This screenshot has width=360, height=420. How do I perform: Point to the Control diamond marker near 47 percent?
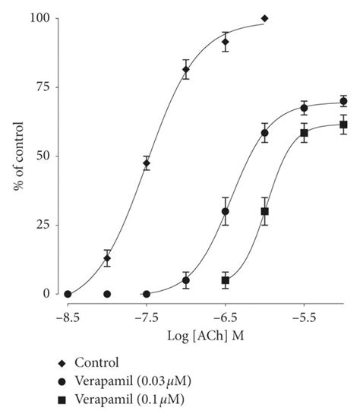click(147, 163)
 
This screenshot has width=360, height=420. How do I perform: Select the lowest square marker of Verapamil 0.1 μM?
click(226, 280)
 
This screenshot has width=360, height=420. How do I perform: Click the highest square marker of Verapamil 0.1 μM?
click(343, 125)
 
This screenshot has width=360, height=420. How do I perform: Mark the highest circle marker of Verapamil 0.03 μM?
click(343, 101)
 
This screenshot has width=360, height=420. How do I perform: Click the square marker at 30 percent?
click(265, 211)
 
